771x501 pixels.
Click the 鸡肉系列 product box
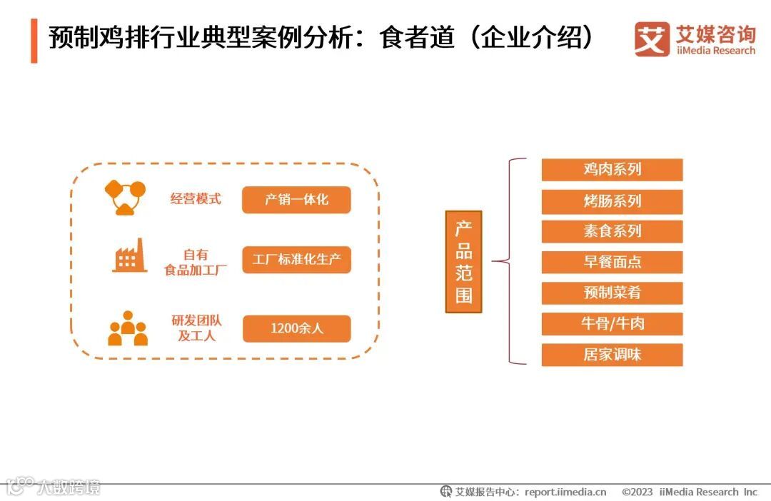pos(612,170)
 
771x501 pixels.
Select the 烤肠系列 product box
pos(612,201)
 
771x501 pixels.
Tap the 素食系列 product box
pos(612,231)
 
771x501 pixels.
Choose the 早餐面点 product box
pos(612,262)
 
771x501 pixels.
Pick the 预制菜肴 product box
pos(612,293)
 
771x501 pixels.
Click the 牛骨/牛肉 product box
pos(612,323)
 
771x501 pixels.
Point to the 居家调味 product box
pos(612,355)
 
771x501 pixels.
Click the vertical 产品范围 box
pos(463,261)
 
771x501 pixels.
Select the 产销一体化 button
pos(296,200)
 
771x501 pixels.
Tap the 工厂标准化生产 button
pos(296,260)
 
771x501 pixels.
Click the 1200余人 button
pos(296,328)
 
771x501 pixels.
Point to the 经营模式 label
pos(196,199)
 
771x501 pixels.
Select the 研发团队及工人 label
pos(196,328)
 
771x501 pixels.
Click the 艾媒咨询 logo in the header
pos(694,39)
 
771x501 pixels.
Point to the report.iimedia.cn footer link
pos(565,492)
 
